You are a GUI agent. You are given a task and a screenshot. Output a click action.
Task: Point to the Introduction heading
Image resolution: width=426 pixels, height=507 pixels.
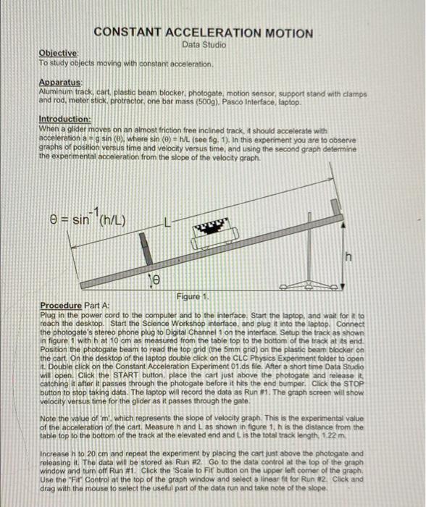[x=64, y=119]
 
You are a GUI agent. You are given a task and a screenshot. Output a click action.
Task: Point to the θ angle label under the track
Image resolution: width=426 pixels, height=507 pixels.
[x=154, y=278]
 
